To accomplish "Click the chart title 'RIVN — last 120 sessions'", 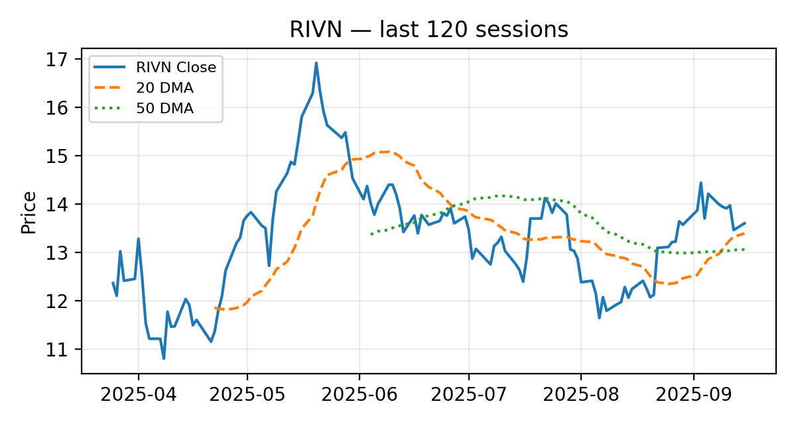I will pos(429,30).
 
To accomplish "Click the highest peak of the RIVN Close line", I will pos(316,63).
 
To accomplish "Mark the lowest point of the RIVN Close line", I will pos(164,358).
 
